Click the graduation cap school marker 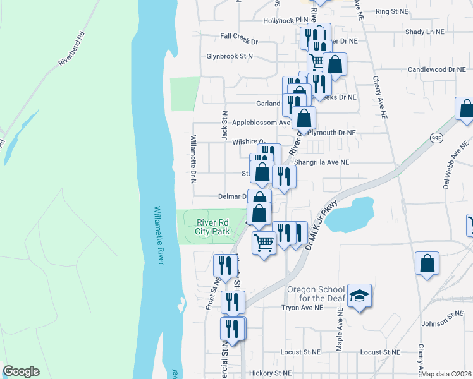pos(359,296)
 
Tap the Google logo pos(21,371)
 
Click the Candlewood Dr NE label pos(439,69)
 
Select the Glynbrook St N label pos(229,56)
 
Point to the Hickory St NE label pos(270,373)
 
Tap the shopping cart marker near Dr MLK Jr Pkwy pos(264,241)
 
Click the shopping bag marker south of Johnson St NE pos(427,263)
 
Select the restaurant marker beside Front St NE pos(225,266)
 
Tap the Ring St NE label pos(393,11)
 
